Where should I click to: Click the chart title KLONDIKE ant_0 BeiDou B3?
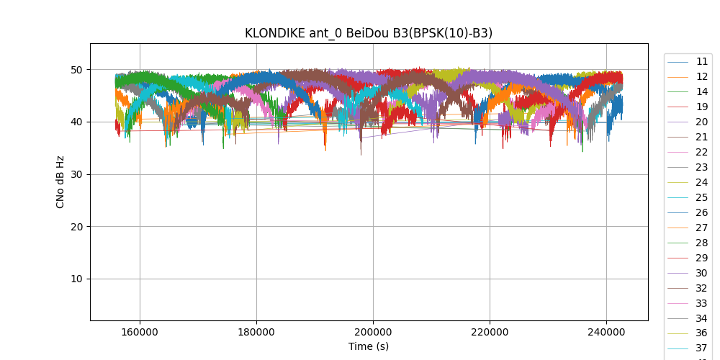click(x=369, y=33)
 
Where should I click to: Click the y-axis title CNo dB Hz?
click(x=60, y=182)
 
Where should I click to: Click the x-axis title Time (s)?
click(x=369, y=346)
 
